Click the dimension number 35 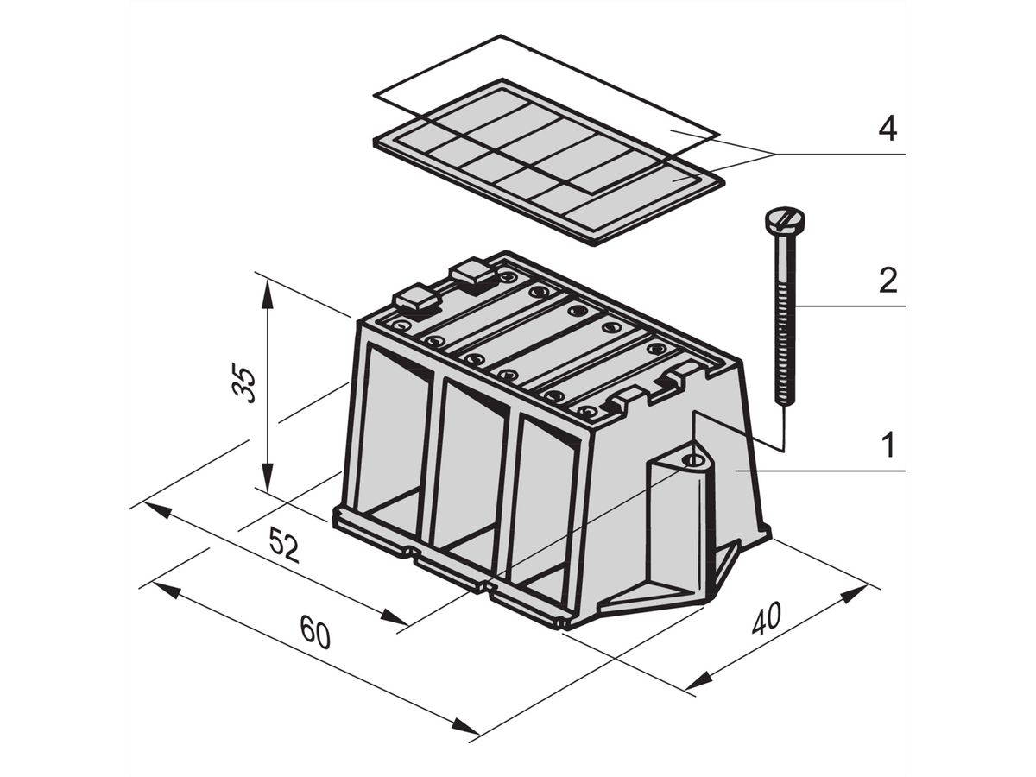244,382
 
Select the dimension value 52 284,545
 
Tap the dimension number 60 315,631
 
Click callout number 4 888,129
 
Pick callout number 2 888,281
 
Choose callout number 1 889,445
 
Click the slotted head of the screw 784,221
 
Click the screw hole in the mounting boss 692,460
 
